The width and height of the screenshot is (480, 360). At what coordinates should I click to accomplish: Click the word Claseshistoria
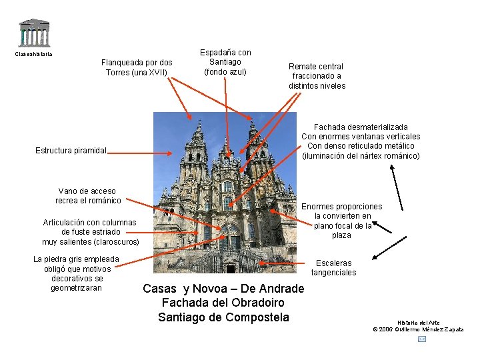coord(33,54)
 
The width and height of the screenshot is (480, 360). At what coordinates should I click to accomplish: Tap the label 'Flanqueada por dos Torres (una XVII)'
coord(137,67)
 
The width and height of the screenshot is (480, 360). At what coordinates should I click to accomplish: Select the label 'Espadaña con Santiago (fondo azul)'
coord(225,62)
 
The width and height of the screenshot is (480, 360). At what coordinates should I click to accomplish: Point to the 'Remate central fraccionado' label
coord(317,76)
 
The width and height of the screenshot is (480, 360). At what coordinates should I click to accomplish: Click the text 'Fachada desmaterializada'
coord(361,127)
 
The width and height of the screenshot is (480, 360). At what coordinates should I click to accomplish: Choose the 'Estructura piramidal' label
coord(71,151)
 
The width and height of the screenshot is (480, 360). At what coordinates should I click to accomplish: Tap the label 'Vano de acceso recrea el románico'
coord(88,196)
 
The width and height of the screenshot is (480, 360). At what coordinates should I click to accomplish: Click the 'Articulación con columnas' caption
coord(90,232)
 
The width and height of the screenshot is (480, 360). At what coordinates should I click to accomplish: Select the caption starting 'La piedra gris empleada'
coord(77,273)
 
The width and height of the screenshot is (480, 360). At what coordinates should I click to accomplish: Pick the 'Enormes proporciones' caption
coord(342,221)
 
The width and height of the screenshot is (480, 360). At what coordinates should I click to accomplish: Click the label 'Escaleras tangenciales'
coord(333,268)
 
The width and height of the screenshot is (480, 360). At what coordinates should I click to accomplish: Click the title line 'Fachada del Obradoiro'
coord(223,303)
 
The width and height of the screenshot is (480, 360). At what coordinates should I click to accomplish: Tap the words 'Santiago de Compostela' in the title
coord(223,317)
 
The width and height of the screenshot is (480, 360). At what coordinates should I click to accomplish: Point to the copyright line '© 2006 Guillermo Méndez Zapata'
coord(418,329)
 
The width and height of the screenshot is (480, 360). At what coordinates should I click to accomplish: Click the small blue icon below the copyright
coord(421,339)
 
